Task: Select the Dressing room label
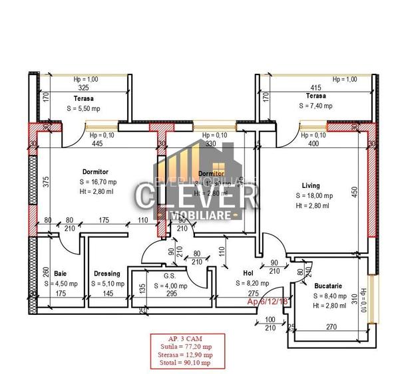tap(106, 274)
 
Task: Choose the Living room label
tap(310, 185)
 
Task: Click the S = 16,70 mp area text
tap(98, 182)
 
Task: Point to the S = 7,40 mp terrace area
tap(315, 106)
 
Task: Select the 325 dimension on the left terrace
tap(83, 88)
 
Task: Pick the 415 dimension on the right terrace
tap(315, 88)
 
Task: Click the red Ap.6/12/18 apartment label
tap(266, 302)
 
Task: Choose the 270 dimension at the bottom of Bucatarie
tap(331, 327)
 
